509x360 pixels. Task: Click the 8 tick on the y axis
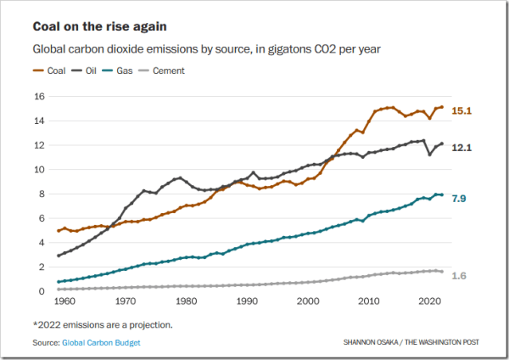pos(40,194)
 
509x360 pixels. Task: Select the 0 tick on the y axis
pos(40,291)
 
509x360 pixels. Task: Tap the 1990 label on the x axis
pos(247,301)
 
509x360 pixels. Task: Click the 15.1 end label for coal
pos(461,110)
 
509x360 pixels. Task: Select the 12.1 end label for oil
pos(461,148)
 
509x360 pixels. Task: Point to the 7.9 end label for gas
pos(459,198)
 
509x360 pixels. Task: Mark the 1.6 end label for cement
pos(459,275)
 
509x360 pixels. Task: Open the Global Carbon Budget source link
pos(102,342)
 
